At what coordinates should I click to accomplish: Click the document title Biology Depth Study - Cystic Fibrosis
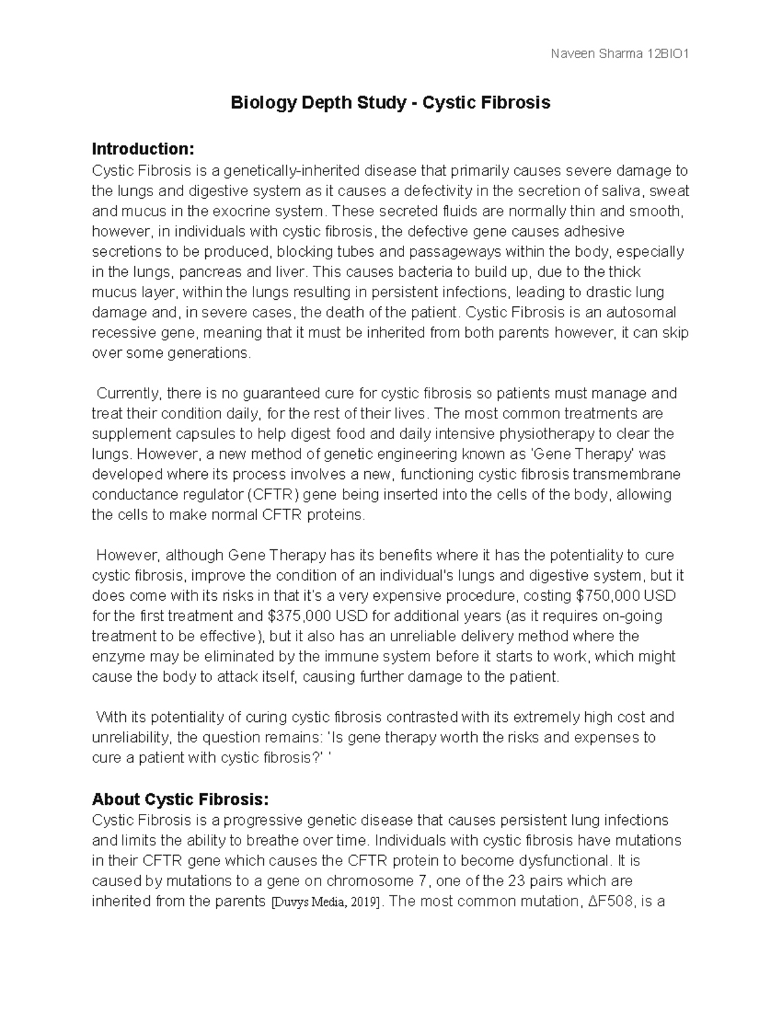click(x=391, y=103)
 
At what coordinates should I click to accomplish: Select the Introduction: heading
click(x=143, y=149)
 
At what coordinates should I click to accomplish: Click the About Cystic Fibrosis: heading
click(x=181, y=799)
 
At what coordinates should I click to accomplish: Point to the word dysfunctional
click(x=560, y=861)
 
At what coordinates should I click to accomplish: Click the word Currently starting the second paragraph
click(x=128, y=394)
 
